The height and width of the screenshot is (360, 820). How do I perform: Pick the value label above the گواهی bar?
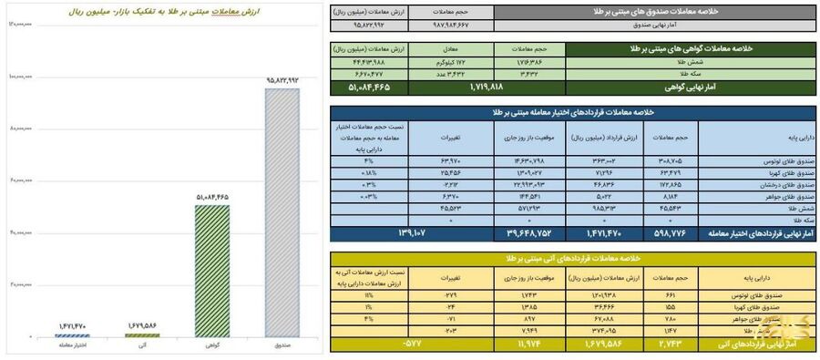click(x=210, y=196)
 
